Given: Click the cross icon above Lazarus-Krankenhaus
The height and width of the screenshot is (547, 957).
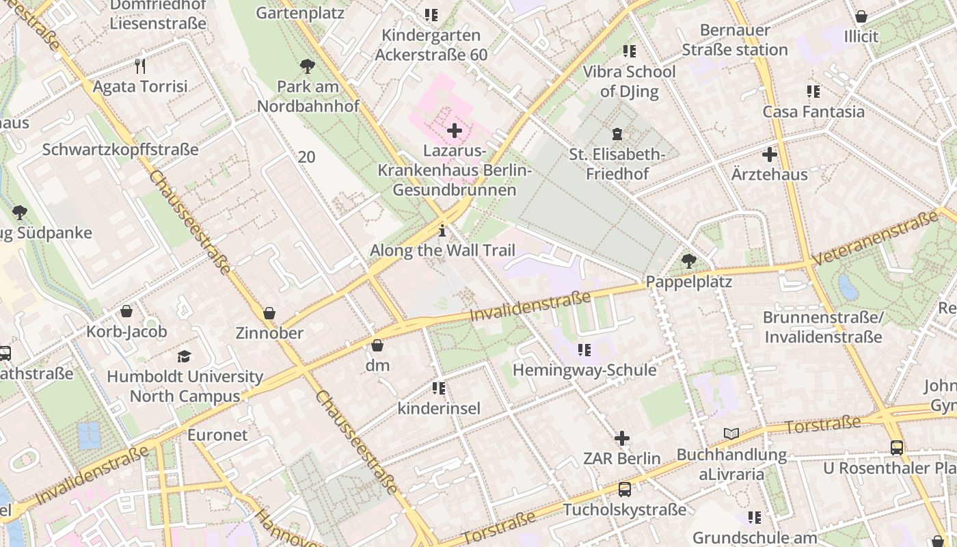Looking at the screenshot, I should (x=454, y=130).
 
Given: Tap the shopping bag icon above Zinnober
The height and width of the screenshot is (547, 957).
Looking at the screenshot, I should (x=269, y=313).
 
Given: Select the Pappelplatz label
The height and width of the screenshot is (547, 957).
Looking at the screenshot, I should (x=689, y=282).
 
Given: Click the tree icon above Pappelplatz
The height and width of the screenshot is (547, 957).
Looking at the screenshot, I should (x=689, y=261).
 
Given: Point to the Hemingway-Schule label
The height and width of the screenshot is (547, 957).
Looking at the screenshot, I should (x=584, y=370).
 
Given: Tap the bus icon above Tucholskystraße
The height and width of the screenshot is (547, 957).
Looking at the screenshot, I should (x=624, y=489).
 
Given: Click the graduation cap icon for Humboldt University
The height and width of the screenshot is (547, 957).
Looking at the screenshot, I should (x=185, y=356).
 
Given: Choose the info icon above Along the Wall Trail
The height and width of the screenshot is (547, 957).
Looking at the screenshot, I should (x=442, y=230).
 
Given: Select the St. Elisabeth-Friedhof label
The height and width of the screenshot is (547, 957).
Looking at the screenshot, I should (x=617, y=164).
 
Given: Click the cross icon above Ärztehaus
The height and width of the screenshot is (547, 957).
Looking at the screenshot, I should (x=770, y=155).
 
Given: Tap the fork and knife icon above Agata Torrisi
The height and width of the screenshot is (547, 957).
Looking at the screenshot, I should (x=140, y=66).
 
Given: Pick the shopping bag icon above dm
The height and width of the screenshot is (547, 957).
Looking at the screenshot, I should (x=377, y=345).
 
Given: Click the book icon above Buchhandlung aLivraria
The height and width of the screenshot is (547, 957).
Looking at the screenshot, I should (x=731, y=433).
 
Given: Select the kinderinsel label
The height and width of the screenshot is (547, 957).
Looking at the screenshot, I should (x=439, y=408).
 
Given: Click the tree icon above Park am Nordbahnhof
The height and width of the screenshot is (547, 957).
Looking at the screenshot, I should (x=308, y=66).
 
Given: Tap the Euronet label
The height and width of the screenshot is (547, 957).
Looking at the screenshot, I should (x=217, y=434).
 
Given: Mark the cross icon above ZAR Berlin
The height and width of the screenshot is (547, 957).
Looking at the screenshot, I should (x=622, y=438).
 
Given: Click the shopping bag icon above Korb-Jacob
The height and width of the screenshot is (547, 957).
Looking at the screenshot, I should (x=126, y=312).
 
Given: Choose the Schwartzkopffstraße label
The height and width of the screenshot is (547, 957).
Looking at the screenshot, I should (x=120, y=149).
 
